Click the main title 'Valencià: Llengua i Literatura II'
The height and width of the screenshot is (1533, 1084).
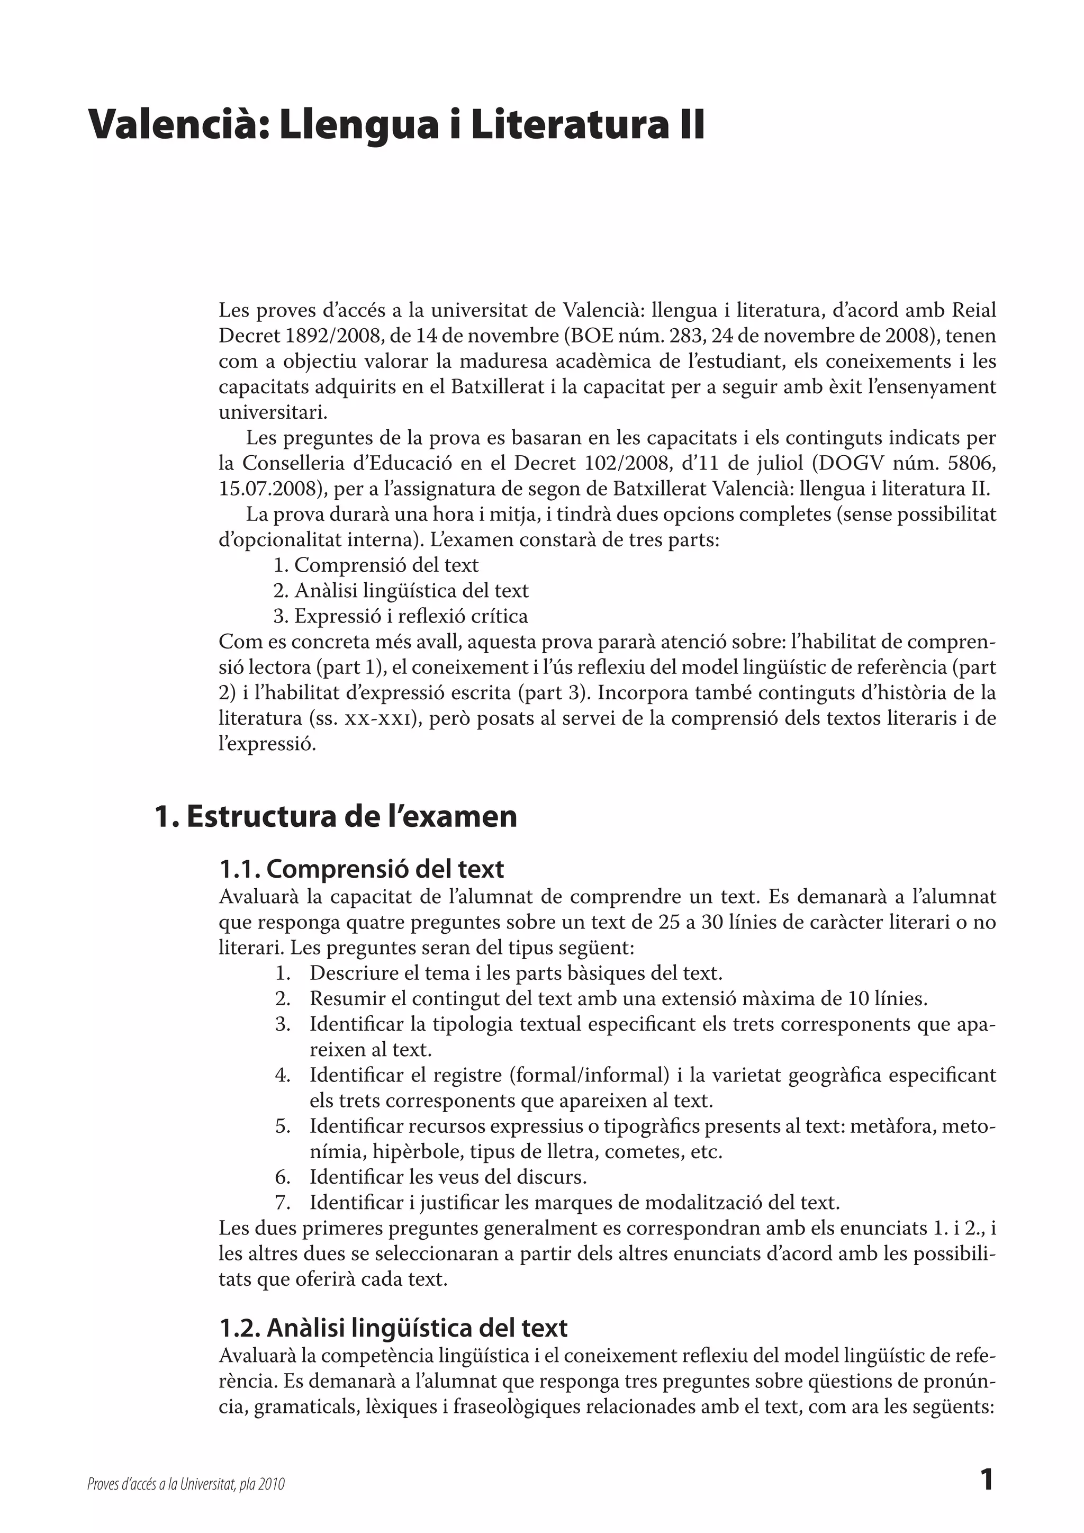tap(396, 125)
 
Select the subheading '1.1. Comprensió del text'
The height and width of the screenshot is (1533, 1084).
tap(362, 869)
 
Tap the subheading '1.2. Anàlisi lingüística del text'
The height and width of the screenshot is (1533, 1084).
tap(393, 1328)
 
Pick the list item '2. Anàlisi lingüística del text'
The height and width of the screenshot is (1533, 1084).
tap(401, 591)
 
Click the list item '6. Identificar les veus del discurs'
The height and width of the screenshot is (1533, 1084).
tap(448, 1176)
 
